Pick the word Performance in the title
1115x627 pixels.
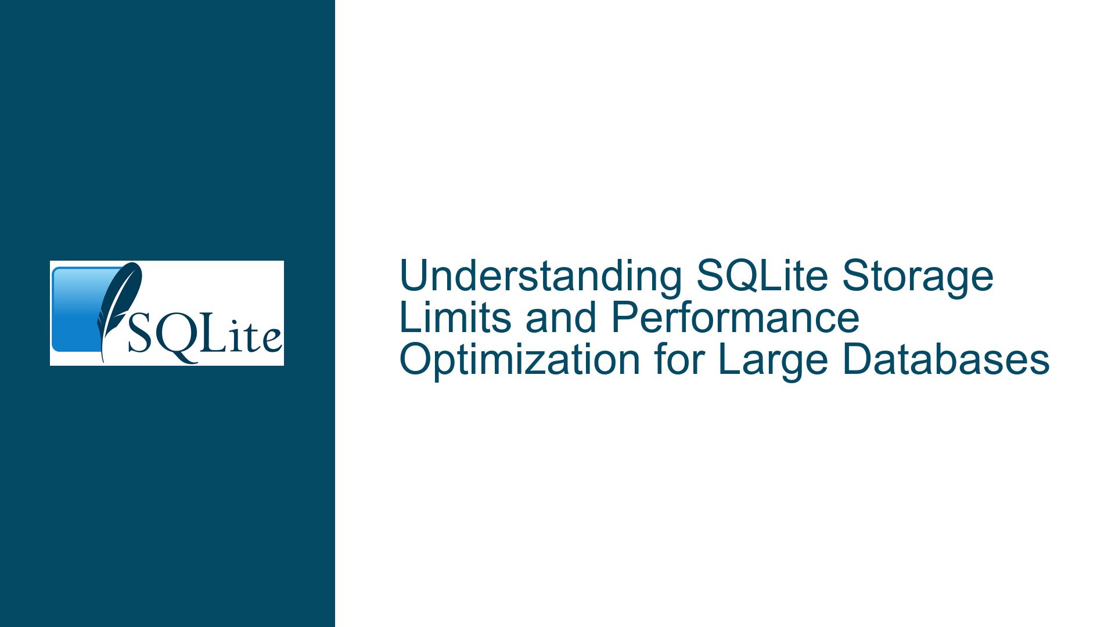click(x=736, y=318)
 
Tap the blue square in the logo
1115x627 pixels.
click(x=81, y=309)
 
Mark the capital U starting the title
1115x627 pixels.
click(x=413, y=276)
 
